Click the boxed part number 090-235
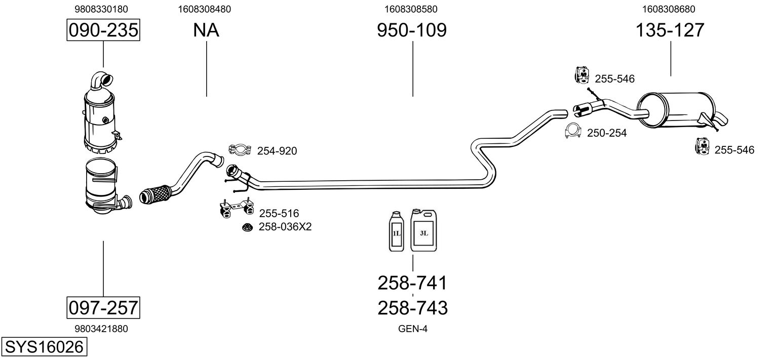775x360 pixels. pos(103,30)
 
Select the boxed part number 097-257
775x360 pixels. pos(103,307)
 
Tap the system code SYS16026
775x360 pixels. pos(43,347)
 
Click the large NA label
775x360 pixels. pos(206,30)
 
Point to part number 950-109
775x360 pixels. pos(412,30)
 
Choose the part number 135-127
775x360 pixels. pos(670,30)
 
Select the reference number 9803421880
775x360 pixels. pos(101,329)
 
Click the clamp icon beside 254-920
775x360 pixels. pos(240,149)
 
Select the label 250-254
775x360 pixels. pos(607,133)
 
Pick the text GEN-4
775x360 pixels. pos(413,329)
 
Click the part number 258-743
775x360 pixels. pos(412,307)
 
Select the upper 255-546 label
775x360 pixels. pos(614,79)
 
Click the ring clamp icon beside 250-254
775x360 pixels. pos(573,132)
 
